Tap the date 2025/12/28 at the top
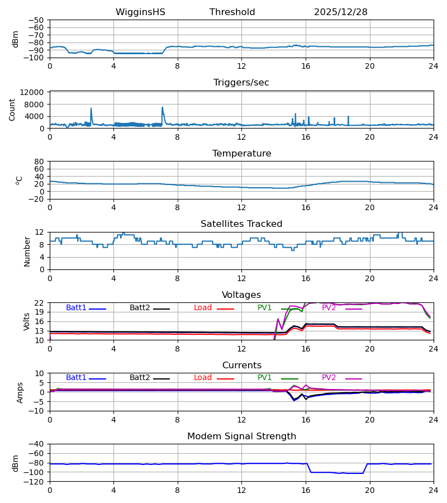coord(340,12)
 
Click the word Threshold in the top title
coord(232,12)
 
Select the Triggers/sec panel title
coord(241,83)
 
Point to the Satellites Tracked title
coord(241,224)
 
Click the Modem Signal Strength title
coord(241,436)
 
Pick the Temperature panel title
coord(241,154)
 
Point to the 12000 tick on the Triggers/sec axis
coord(32,92)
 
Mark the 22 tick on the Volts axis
coord(40,303)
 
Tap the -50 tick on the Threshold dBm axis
coord(37,20)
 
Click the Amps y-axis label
coord(21,392)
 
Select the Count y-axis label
coord(12,110)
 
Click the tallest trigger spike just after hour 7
coord(163,107)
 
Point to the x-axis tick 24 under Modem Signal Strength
coord(434,490)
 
